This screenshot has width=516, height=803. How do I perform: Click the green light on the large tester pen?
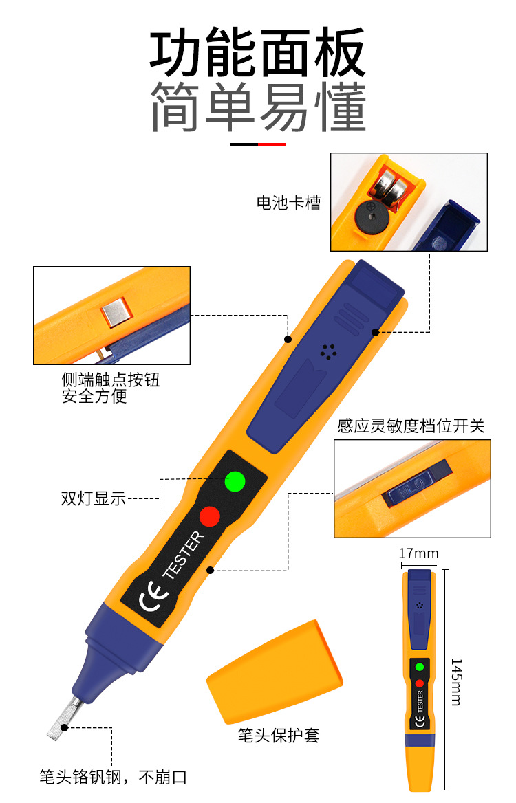coord(235,481)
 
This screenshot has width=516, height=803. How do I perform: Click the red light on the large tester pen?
coord(209,515)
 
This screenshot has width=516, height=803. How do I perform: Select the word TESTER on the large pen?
coord(183,555)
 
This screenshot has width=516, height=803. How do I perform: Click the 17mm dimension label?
coord(418,553)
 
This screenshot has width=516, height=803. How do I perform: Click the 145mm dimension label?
coord(457,681)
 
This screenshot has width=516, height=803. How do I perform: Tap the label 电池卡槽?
coord(288,203)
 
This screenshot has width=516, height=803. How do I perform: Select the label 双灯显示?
coord(93,499)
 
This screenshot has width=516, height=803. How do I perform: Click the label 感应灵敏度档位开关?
coord(411,426)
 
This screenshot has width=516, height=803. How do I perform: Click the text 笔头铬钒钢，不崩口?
coord(113,778)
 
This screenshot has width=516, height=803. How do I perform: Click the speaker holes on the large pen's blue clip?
coord(328,351)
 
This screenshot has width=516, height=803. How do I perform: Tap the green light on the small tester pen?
coord(419,666)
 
